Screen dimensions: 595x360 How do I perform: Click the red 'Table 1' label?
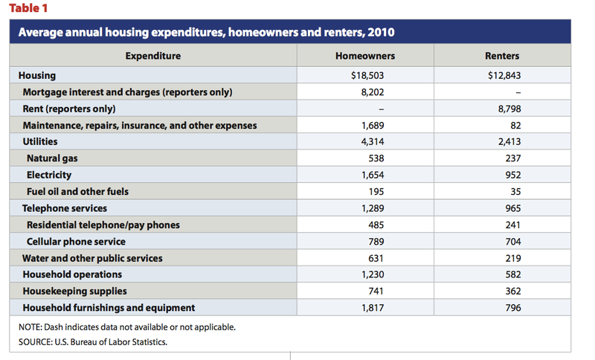click(28, 8)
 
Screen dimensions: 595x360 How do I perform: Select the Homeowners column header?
click(365, 56)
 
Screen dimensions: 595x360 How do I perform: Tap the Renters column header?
click(502, 56)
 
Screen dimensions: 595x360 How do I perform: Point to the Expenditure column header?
click(153, 56)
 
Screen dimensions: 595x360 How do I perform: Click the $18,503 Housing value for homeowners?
click(367, 75)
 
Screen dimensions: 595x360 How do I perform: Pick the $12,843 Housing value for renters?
click(504, 75)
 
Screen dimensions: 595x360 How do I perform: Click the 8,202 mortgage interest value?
click(373, 92)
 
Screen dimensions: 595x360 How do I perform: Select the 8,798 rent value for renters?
click(509, 109)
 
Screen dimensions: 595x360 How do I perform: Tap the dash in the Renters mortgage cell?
click(518, 92)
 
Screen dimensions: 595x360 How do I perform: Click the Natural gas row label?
click(52, 158)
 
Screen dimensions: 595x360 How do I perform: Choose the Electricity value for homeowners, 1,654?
click(373, 175)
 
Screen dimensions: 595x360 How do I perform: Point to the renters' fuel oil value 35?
click(515, 192)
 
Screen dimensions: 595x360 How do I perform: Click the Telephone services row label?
click(65, 208)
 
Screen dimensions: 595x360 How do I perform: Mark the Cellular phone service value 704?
click(513, 242)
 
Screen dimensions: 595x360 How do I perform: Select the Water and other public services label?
click(92, 258)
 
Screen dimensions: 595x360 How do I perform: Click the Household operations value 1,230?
click(373, 274)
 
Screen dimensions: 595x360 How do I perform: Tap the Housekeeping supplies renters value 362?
click(513, 291)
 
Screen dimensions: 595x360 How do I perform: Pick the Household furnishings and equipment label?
click(109, 308)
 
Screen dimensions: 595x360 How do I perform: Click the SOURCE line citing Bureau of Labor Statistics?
click(92, 342)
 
